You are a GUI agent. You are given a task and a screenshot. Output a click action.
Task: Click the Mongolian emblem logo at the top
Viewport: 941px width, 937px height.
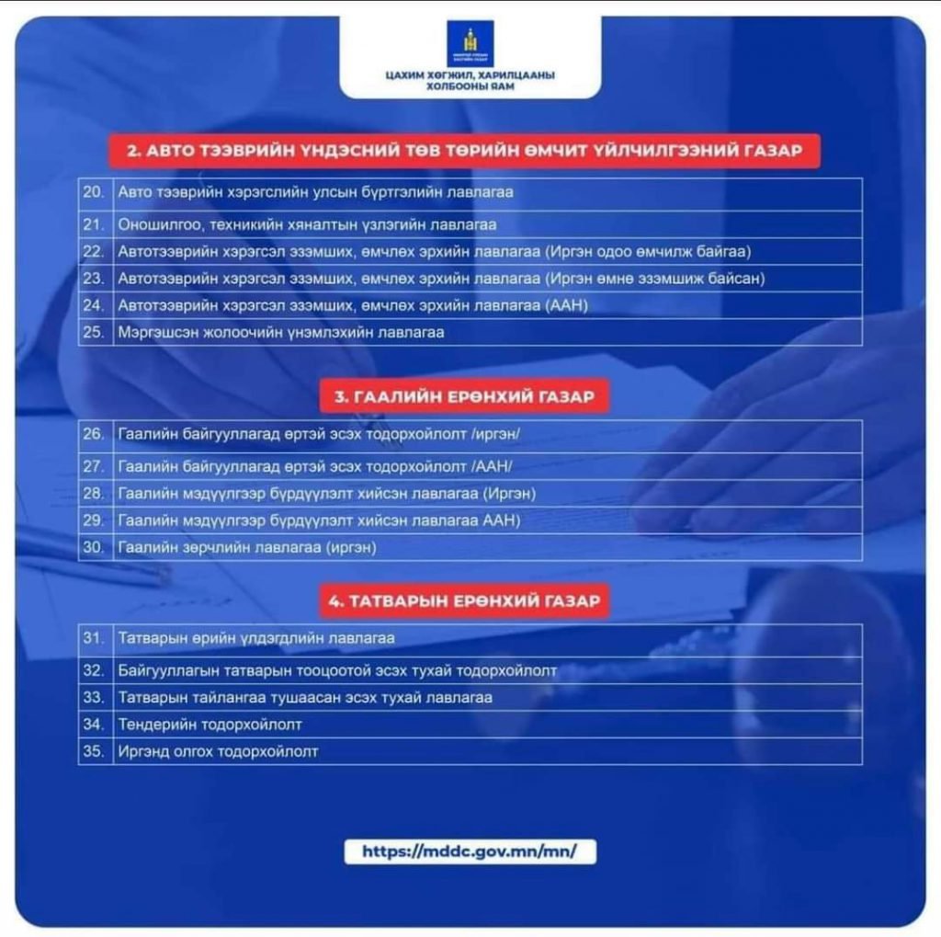(470, 43)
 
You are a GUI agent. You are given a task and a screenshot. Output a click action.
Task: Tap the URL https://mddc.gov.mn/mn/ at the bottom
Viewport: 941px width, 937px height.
(470, 851)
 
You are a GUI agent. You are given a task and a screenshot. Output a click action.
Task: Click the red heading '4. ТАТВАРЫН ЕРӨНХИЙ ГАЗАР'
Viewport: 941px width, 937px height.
(463, 601)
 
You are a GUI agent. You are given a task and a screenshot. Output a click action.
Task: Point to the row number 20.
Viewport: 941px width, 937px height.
(93, 192)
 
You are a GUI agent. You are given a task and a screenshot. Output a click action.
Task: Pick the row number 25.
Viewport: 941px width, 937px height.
(93, 332)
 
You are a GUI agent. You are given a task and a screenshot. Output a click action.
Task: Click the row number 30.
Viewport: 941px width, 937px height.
(93, 547)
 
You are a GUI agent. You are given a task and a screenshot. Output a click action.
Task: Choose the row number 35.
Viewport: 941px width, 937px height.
(93, 751)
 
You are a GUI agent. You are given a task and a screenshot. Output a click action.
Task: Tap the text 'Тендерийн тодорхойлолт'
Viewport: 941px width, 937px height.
(210, 725)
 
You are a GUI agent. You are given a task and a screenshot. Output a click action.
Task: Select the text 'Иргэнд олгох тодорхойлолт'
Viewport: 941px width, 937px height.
(219, 751)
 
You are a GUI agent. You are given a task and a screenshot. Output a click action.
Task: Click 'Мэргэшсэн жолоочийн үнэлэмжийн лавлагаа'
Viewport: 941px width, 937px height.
(281, 332)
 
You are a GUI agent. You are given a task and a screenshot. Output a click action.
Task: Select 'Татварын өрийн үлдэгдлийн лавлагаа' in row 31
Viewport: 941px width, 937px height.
(256, 637)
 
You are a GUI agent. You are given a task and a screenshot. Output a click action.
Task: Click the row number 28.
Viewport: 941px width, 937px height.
(93, 494)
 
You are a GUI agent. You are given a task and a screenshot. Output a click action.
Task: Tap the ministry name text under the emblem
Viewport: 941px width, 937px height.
(470, 81)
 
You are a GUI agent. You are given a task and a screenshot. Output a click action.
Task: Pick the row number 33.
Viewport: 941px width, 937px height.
(93, 697)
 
